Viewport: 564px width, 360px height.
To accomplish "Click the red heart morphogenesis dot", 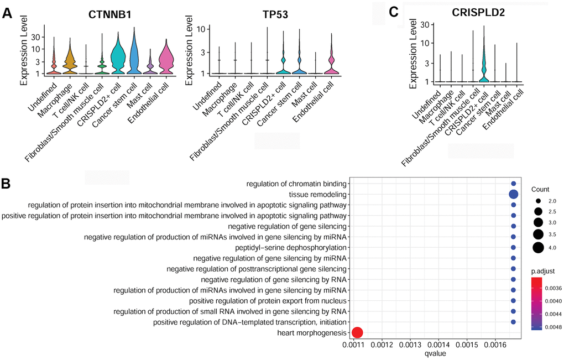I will point(357,332).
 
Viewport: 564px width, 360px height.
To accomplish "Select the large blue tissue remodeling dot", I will point(513,194).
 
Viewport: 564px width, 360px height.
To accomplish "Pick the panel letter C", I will point(393,12).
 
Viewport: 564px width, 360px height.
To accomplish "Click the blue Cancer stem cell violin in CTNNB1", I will point(134,55).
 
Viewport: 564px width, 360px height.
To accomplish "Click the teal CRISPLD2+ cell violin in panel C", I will point(484,72).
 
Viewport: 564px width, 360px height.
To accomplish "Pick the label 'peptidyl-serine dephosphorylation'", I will point(299,247).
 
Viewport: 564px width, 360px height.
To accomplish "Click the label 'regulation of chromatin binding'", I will point(297,184).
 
